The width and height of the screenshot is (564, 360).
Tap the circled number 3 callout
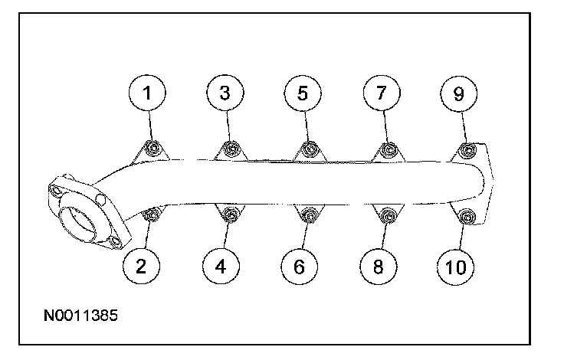tap(225, 93)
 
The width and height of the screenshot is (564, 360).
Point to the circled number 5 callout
tap(303, 93)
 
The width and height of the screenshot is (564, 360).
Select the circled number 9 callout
tap(458, 93)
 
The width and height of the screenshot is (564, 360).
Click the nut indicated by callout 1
tap(153, 148)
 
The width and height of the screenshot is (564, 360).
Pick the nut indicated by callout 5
tap(308, 148)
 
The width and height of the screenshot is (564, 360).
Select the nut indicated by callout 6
tap(308, 216)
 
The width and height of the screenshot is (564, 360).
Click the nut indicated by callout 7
tap(388, 148)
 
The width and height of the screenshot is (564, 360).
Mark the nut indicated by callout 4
tap(230, 216)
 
